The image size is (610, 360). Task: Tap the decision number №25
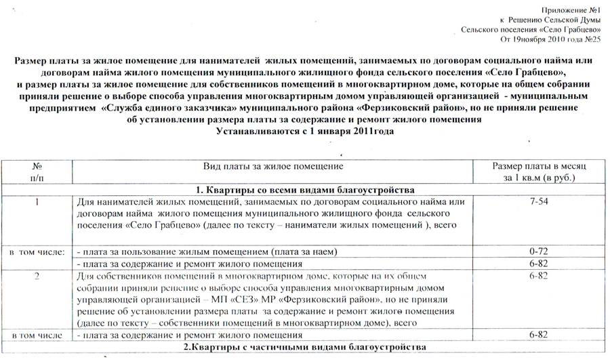click(593, 40)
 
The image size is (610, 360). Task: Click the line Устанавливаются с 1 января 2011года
click(304, 131)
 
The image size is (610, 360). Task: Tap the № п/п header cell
click(37, 172)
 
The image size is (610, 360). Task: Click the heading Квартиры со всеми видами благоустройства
click(305, 189)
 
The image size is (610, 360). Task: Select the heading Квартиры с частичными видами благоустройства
click(305, 348)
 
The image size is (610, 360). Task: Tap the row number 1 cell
click(37, 202)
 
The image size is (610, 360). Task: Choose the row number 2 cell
click(37, 277)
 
